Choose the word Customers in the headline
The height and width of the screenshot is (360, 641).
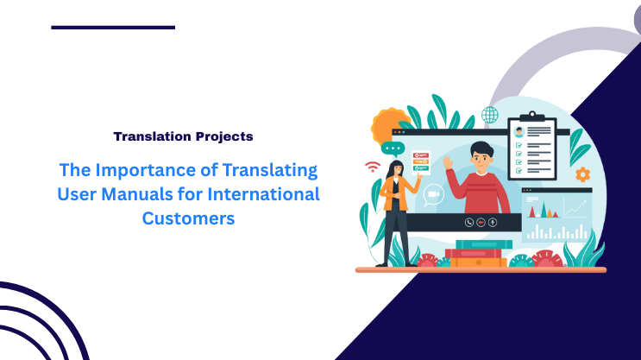pos(188,218)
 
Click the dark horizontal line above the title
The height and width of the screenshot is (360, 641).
pos(113,28)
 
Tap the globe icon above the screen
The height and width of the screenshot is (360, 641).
pos(490,115)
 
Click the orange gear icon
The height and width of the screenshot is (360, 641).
pos(582,174)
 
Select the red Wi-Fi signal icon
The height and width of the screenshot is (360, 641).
pos(373,167)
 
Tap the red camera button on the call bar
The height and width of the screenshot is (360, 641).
pos(481,222)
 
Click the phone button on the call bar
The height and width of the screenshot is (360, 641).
pos(468,222)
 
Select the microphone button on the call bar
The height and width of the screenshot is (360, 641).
pos(493,222)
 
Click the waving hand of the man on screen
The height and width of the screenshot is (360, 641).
pos(448,161)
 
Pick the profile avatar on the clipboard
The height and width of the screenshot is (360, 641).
pos(518,132)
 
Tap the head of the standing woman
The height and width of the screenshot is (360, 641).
pos(397,167)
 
